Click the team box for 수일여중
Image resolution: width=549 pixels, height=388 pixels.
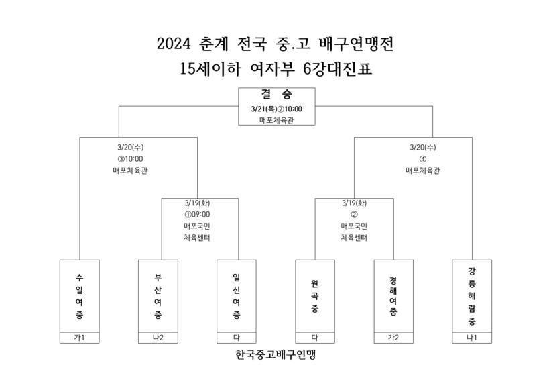[x=80, y=296]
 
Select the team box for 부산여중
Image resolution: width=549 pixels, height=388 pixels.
[x=158, y=296]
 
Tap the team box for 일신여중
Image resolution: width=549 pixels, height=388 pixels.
[x=237, y=296]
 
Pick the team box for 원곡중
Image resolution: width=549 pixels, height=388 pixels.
[x=315, y=296]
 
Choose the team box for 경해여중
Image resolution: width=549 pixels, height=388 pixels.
[x=393, y=296]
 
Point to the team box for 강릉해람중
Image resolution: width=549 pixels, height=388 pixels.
[x=472, y=296]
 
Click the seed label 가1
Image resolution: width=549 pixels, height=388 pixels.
[x=80, y=338]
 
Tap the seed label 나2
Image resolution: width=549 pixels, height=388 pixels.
[x=158, y=338]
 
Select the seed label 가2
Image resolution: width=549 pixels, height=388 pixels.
[x=393, y=338]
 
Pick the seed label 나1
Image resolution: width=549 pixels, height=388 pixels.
[x=472, y=338]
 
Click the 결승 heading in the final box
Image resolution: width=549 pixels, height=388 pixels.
[x=277, y=94]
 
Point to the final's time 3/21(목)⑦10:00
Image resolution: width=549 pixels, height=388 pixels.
[x=277, y=109]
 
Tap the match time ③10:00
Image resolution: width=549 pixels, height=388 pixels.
[x=130, y=159]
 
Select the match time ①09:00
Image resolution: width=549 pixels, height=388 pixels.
[x=197, y=215]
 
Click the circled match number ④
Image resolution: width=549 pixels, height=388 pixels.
[x=423, y=159]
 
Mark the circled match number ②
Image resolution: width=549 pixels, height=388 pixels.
[x=355, y=215]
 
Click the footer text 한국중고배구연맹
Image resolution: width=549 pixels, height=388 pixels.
[x=276, y=354]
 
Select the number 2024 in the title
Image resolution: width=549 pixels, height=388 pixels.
[x=174, y=44]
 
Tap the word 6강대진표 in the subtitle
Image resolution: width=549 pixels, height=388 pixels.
[x=337, y=68]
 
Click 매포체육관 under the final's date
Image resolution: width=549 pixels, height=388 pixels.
[x=277, y=120]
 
